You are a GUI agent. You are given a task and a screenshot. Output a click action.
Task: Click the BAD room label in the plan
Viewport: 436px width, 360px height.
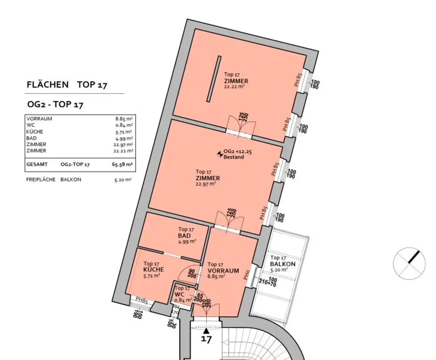[184, 236]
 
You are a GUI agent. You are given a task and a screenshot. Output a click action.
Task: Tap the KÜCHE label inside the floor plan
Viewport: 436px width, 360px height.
[154, 270]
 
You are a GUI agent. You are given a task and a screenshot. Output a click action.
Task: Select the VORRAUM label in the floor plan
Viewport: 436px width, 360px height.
[223, 271]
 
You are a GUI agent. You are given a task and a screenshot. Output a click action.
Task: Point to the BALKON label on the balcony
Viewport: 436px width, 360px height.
[283, 264]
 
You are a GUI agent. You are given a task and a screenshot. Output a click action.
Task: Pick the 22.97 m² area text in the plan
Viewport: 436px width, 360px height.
[206, 184]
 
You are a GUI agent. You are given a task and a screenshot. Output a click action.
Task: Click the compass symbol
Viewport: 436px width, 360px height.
[409, 263]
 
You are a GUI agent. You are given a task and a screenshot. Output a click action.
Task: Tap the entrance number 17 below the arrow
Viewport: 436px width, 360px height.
[207, 340]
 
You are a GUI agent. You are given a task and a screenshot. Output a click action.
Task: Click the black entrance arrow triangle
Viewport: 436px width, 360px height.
[207, 330]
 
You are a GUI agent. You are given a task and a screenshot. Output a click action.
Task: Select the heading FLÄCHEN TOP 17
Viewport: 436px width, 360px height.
[67, 85]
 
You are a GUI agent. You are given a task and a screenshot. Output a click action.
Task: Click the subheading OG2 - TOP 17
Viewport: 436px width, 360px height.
[55, 105]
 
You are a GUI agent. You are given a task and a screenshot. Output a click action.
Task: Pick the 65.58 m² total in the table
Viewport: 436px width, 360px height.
[123, 164]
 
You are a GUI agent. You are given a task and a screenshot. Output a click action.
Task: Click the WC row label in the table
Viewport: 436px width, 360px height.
[30, 125]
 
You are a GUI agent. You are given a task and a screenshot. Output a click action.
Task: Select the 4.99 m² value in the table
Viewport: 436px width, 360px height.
[125, 138]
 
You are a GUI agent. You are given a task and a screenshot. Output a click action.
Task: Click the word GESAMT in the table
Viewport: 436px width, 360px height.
[37, 164]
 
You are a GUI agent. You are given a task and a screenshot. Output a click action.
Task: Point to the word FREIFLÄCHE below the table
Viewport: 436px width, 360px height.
[41, 180]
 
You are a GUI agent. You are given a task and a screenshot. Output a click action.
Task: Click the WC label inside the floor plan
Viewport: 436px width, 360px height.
[179, 294]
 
